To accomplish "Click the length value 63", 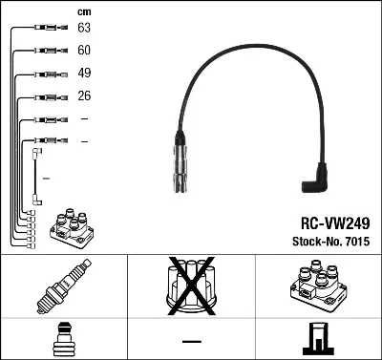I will coord(84,30).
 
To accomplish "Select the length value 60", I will coord(84,51).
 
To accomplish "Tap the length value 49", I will coord(84,74).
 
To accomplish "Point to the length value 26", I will coord(84,96).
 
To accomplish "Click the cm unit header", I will coord(84,11).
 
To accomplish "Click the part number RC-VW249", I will coord(328,221).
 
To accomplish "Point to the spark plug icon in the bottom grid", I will coord(63,286).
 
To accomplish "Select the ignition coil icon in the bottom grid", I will coord(317,285).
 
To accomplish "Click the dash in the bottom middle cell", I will coord(191,340).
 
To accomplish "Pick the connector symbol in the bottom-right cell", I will coord(317,338).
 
